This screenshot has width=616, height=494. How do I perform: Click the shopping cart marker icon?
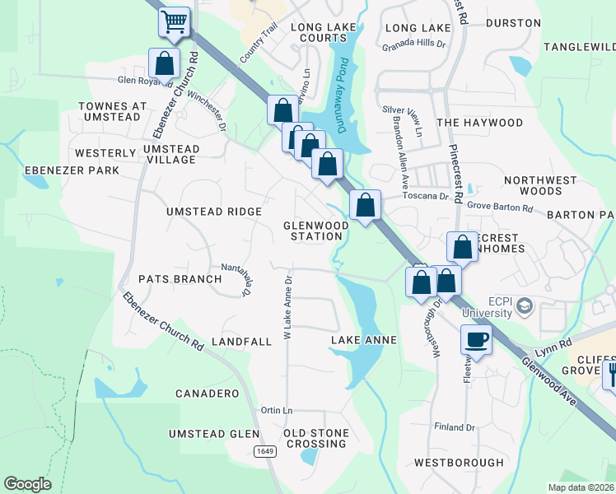coord(174,22)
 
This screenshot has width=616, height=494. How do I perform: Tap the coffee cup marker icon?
coord(476,338)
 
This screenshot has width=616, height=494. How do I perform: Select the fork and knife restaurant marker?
coord(611,375)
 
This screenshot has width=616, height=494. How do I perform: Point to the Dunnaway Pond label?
coord(347,101)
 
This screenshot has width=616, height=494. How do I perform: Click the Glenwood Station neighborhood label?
coord(313,231)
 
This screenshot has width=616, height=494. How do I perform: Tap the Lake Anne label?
coord(364,340)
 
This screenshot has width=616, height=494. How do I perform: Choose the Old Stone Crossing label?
coord(315,438)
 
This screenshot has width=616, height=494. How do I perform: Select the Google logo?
coord(27,484)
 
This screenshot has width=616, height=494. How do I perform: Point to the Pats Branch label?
coord(180,279)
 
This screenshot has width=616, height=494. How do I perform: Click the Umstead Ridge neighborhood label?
coord(213,212)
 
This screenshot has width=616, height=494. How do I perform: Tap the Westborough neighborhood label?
coord(459,463)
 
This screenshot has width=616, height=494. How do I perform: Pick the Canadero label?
coord(207,394)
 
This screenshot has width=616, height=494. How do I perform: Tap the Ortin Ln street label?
coord(276,410)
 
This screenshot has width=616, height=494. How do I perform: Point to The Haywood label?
coord(480,123)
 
